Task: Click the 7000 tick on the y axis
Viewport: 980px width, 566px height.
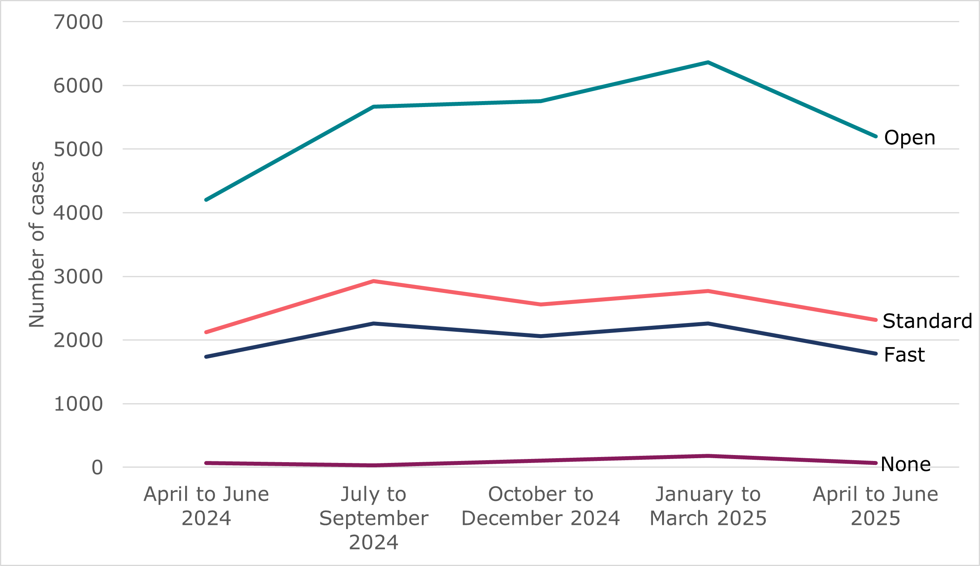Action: (78, 22)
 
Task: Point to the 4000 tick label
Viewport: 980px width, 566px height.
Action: (78, 213)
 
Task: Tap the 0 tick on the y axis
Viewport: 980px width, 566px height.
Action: (97, 468)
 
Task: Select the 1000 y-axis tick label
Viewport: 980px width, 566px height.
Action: (78, 404)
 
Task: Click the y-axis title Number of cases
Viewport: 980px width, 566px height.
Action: (37, 245)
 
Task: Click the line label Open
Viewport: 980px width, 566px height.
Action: (909, 138)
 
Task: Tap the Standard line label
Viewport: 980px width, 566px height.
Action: (927, 321)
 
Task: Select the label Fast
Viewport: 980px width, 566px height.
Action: (904, 354)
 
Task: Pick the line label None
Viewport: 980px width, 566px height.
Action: (905, 464)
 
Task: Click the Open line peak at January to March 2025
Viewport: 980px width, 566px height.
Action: (708, 62)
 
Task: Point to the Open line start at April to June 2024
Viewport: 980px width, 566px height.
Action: (206, 200)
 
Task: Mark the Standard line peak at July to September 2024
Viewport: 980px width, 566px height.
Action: (373, 281)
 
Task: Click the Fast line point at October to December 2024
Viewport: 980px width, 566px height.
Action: (541, 336)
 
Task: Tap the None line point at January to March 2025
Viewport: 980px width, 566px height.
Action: (708, 456)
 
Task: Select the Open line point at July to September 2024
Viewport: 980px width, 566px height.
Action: (373, 107)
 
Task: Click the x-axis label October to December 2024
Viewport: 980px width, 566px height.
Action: (541, 506)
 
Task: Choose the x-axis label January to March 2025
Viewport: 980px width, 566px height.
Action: (708, 506)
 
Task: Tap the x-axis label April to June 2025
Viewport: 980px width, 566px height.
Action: (875, 506)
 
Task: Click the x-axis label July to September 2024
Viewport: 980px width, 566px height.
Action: (373, 518)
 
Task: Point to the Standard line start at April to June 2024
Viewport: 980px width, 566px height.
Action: (206, 332)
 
